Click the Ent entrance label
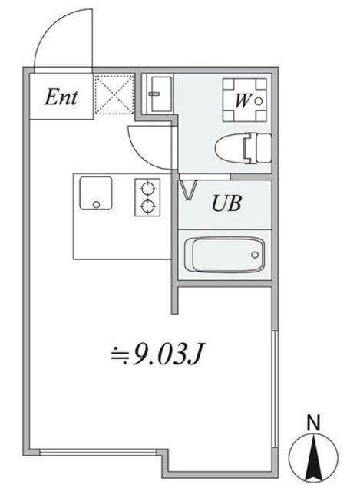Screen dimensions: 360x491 [x=61, y=97]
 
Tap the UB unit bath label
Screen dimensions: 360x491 [x=226, y=203]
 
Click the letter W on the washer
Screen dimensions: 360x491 [x=243, y=101]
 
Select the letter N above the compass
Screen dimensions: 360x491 [x=313, y=423]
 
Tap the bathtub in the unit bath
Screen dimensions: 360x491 [x=225, y=255]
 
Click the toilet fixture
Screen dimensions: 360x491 [x=243, y=148]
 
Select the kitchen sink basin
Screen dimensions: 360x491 [x=95, y=193]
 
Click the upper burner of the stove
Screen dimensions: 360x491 [x=147, y=189]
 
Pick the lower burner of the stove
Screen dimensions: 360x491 [x=147, y=206]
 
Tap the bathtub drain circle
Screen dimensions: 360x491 [x=255, y=255]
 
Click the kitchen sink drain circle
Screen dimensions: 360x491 [x=97, y=205]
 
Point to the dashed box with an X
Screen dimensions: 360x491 [x=114, y=94]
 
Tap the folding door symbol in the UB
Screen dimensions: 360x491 [x=188, y=190]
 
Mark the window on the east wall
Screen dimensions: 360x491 [x=275, y=389]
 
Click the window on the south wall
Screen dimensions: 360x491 [x=97, y=452]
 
